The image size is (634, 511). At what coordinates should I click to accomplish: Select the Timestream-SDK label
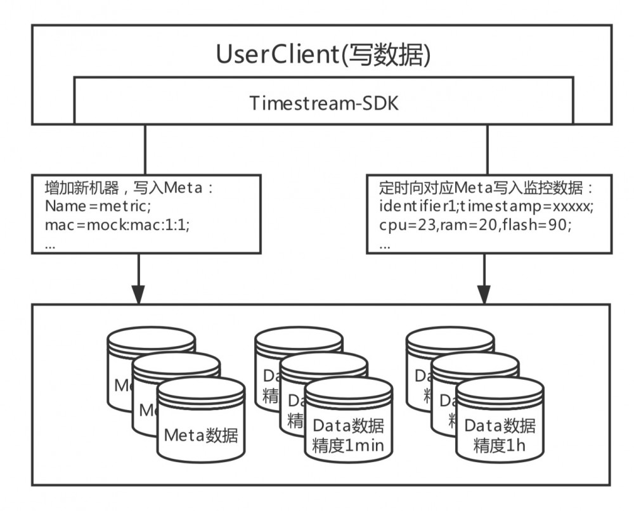pyautogui.click(x=324, y=103)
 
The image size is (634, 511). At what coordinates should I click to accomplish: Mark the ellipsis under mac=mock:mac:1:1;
pyautogui.click(x=51, y=244)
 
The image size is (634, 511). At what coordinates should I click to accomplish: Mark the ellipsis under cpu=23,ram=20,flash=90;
pyautogui.click(x=384, y=244)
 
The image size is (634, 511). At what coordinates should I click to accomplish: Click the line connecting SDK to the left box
pyautogui.click(x=146, y=149)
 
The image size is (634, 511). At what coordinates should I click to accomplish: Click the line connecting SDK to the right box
pyautogui.click(x=487, y=149)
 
